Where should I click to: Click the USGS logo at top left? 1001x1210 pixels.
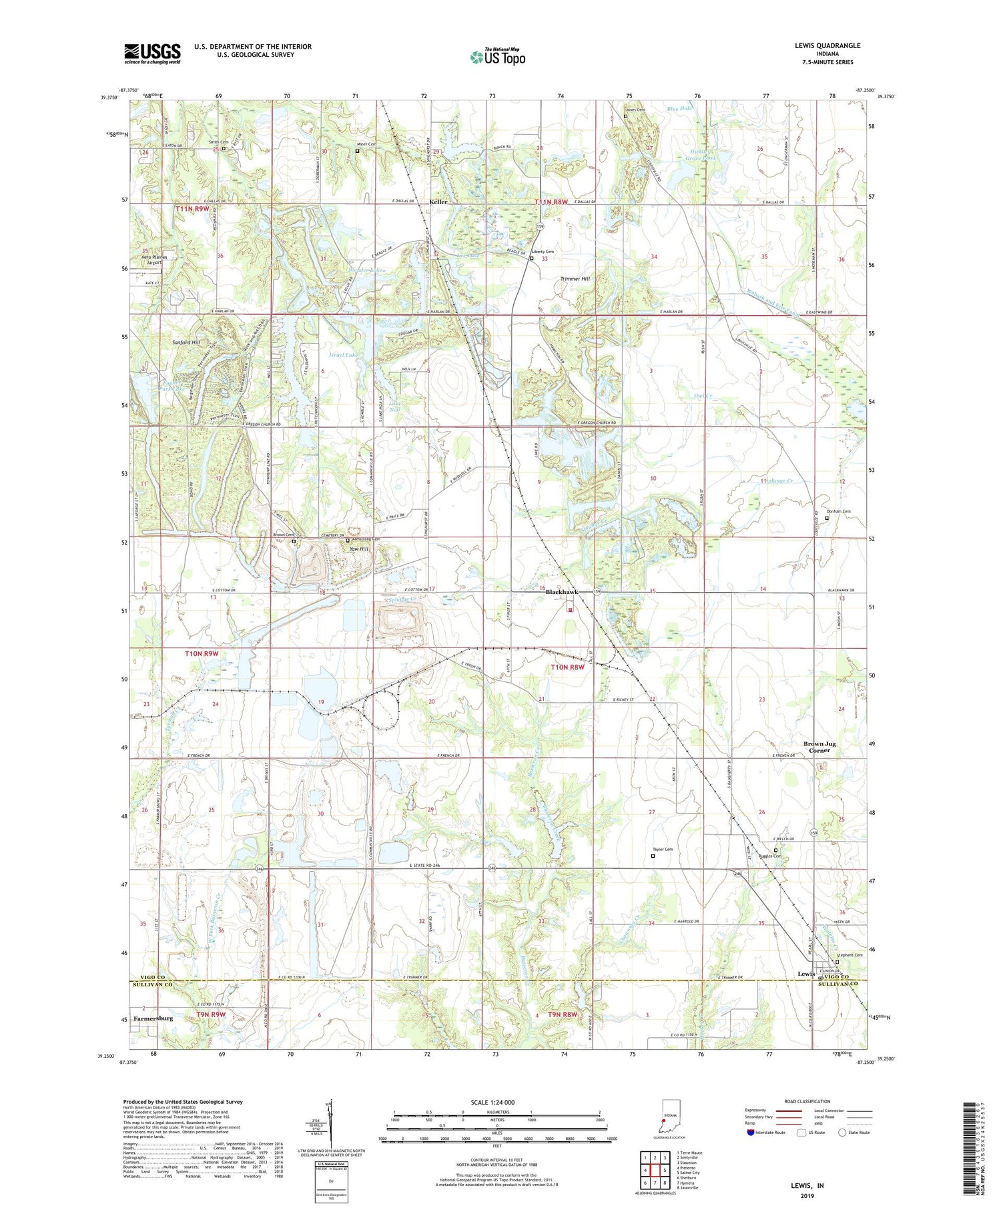[152, 53]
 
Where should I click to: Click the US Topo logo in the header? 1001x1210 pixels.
[497, 57]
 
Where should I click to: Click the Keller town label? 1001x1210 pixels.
[438, 202]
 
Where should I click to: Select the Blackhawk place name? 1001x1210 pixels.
[561, 592]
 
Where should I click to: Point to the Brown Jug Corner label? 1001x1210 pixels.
[819, 747]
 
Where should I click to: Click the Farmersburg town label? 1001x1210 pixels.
[153, 1018]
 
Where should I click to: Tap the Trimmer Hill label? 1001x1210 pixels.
[575, 278]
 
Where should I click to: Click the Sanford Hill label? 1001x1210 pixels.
[186, 342]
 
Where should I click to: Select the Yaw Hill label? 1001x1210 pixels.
[359, 549]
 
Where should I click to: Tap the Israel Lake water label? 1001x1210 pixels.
[342, 355]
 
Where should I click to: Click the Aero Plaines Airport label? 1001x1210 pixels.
[149, 260]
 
